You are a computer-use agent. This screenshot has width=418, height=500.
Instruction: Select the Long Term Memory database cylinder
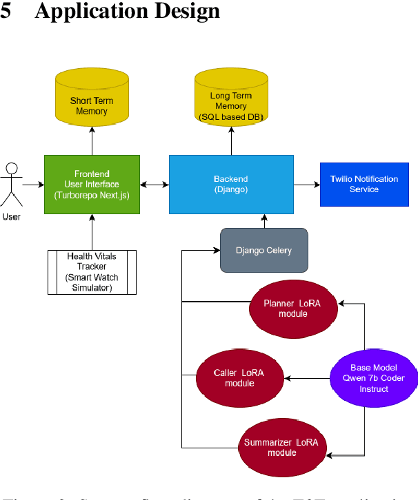[x=230, y=103]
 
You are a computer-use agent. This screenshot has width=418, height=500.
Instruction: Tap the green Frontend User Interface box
[x=92, y=184]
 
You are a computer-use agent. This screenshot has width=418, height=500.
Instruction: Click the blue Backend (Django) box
[x=230, y=184]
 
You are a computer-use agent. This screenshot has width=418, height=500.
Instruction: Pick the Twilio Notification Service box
[x=364, y=184]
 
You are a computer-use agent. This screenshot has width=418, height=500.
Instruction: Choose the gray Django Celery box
[x=263, y=249]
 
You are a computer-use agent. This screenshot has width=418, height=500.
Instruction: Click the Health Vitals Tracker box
[x=92, y=272]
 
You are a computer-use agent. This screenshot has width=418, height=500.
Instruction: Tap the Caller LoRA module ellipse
[x=239, y=378]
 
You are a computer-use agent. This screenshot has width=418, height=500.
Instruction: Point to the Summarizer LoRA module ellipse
[x=281, y=447]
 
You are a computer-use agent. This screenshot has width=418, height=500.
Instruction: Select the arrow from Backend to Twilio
[x=306, y=185]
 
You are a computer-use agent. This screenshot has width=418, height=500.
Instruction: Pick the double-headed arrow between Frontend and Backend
[x=155, y=185]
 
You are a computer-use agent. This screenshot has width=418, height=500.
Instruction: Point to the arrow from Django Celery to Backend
[x=263, y=220]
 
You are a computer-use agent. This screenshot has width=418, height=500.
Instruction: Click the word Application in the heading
[x=77, y=12]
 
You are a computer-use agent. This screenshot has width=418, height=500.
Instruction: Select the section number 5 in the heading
[x=6, y=12]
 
